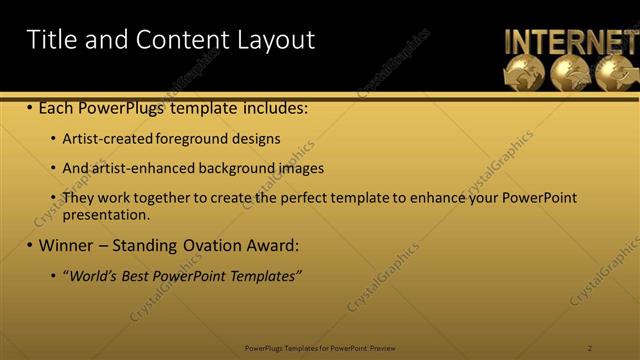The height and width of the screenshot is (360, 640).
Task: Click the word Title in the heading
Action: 50,40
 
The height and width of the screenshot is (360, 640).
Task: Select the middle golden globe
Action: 570,73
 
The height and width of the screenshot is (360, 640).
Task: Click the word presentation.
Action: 105,214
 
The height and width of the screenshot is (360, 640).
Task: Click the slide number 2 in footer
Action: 590,347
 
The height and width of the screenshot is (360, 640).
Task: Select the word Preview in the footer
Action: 383,347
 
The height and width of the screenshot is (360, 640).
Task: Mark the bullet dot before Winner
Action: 29,245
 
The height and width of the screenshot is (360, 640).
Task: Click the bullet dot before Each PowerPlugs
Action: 29,106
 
